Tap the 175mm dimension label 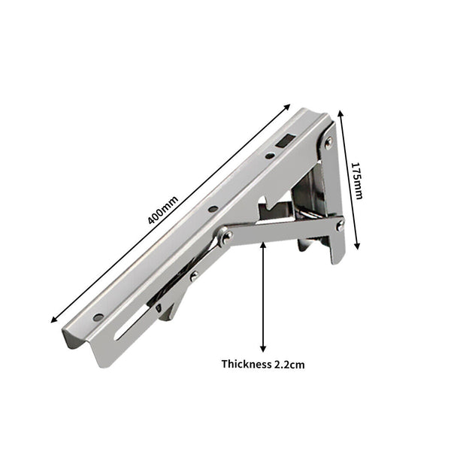pyautogui.click(x=358, y=182)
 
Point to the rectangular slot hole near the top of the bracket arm pyautogui.click(x=283, y=140)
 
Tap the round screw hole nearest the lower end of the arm pyautogui.click(x=98, y=317)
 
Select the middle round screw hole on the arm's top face pyautogui.click(x=213, y=208)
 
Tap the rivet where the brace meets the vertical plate pyautogui.click(x=340, y=224)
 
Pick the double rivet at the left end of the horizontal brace pyautogui.click(x=225, y=238)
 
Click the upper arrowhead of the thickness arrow pyautogui.click(x=263, y=245)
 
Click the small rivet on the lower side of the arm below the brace pyautogui.click(x=194, y=276)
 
